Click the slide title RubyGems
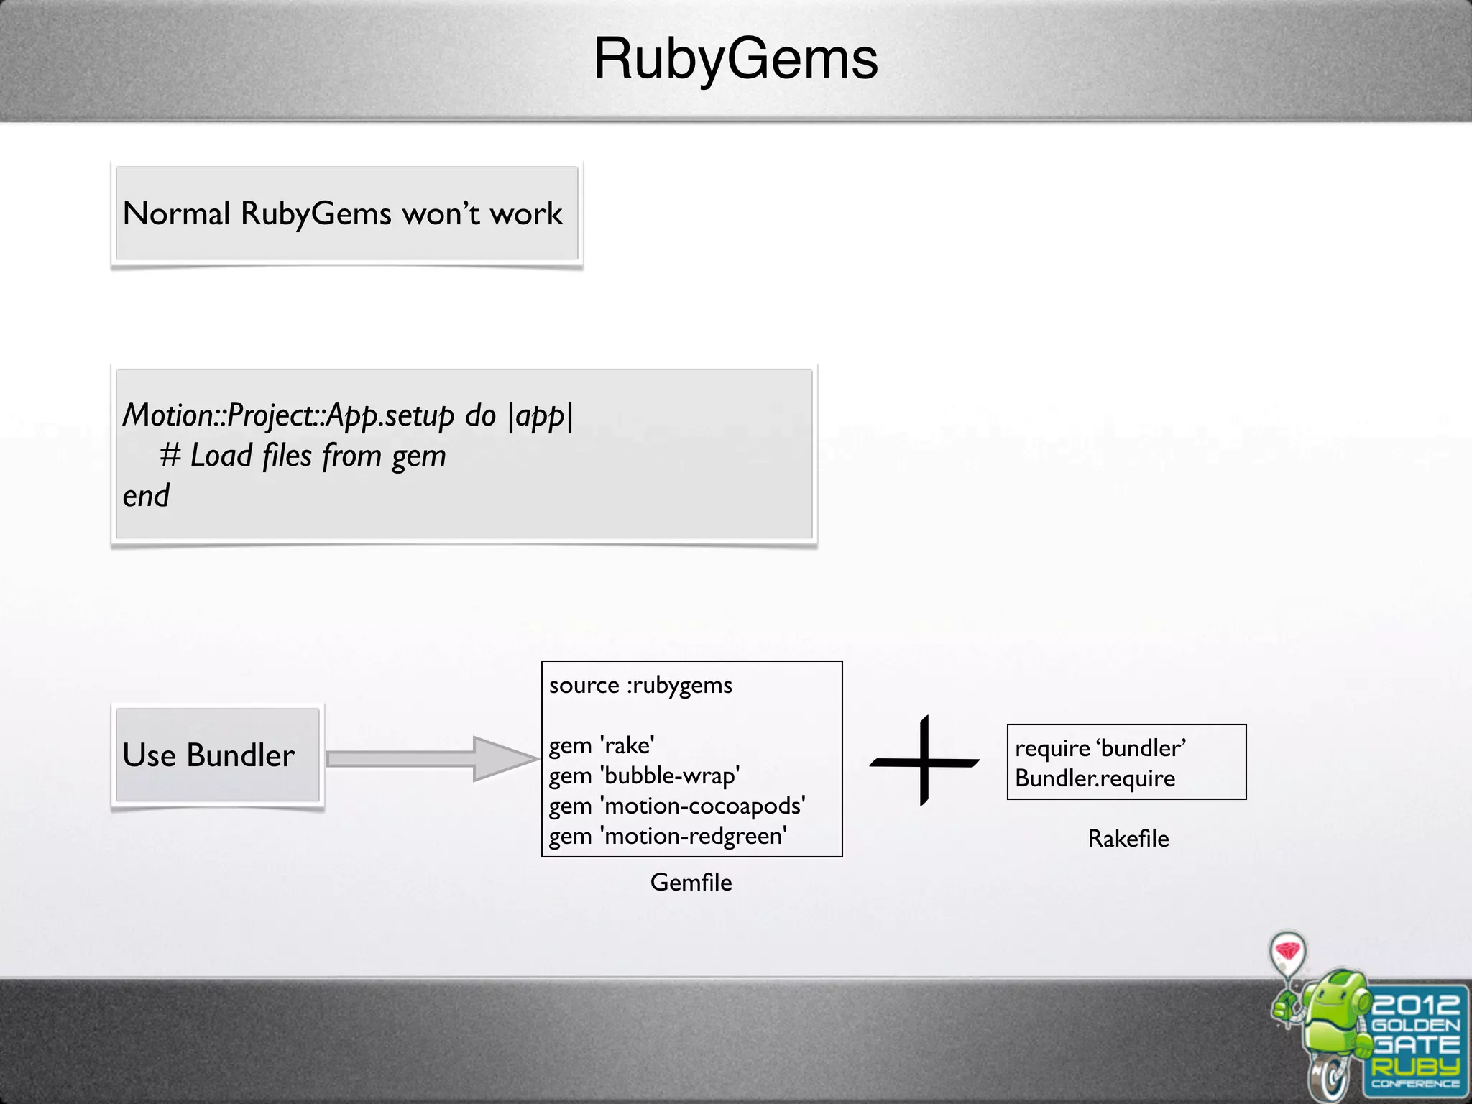pyautogui.click(x=735, y=59)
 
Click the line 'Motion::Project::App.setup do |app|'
pyautogui.click(x=348, y=415)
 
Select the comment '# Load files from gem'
pyautogui.click(x=303, y=456)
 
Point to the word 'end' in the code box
pyautogui.click(x=146, y=496)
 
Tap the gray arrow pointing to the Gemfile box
pyautogui.click(x=431, y=758)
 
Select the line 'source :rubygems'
pyautogui.click(x=640, y=685)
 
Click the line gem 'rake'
pyautogui.click(x=602, y=745)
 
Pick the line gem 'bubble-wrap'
pyautogui.click(x=644, y=776)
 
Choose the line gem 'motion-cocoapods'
pyautogui.click(x=677, y=806)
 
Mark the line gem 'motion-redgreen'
pyautogui.click(x=668, y=836)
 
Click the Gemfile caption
pyautogui.click(x=691, y=883)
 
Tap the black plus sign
pyautogui.click(x=924, y=761)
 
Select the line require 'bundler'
pyautogui.click(x=1100, y=748)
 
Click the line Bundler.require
pyautogui.click(x=1095, y=778)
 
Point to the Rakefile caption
pyautogui.click(x=1128, y=839)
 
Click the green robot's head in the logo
pyautogui.click(x=1337, y=995)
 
